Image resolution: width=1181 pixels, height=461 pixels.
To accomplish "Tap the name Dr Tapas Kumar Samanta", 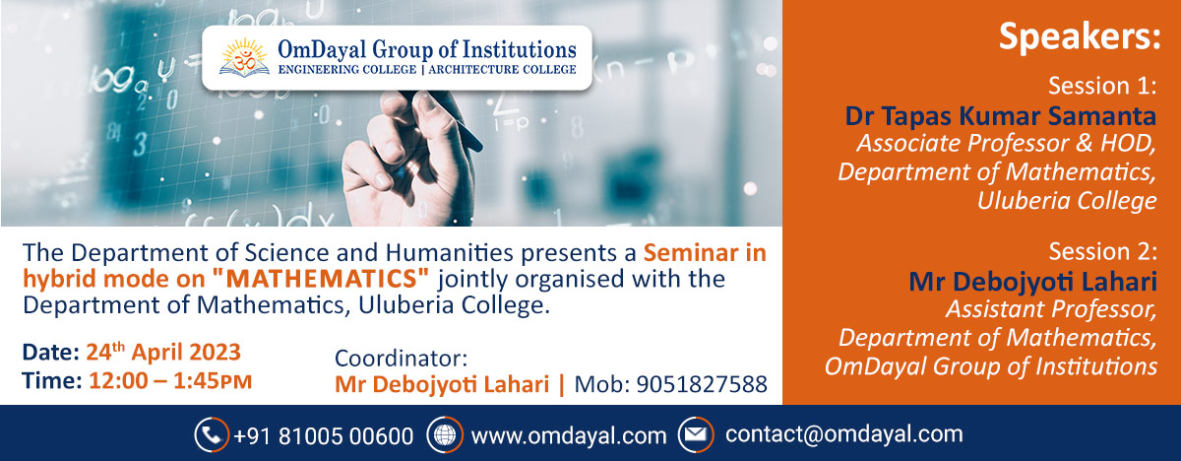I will coord(1001,116).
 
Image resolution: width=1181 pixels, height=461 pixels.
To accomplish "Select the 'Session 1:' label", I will coord(1102,85).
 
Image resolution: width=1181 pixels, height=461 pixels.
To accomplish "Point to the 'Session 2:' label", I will coord(1102,251).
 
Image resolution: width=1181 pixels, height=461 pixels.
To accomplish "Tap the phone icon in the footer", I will coord(211,434).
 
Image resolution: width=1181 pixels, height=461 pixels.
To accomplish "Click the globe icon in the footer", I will coord(444,434).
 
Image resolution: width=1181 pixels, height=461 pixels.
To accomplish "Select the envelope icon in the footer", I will coord(695,434).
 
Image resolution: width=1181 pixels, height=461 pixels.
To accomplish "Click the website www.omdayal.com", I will coord(569,434).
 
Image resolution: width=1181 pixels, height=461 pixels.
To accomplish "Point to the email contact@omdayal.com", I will coord(843,434).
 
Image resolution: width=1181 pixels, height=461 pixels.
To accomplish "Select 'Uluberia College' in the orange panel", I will coord(1067,202).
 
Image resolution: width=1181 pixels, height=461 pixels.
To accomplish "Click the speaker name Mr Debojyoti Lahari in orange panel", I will coord(1033,281).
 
